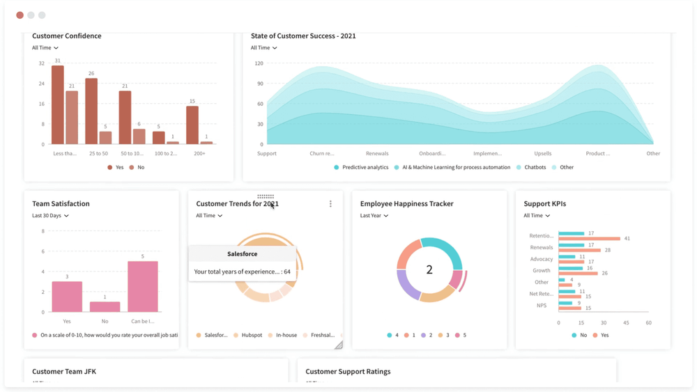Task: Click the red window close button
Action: (x=20, y=15)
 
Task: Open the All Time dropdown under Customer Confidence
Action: (x=45, y=48)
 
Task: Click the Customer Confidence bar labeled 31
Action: (x=58, y=104)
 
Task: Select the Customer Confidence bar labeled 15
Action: (x=192, y=125)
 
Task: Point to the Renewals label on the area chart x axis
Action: (x=377, y=153)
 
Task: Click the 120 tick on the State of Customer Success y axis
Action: (x=259, y=63)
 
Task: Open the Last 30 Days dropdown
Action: (x=50, y=216)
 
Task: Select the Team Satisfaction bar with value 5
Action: (x=143, y=286)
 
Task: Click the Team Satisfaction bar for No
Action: (x=105, y=307)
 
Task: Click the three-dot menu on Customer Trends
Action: (x=330, y=204)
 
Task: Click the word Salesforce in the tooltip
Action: (x=242, y=254)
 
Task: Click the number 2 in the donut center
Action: (x=429, y=270)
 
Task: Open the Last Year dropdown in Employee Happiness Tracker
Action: (x=374, y=216)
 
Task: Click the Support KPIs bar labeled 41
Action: (x=589, y=239)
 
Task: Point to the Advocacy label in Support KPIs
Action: (x=542, y=259)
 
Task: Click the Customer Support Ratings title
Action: (x=348, y=372)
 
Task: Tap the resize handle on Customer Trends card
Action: (x=339, y=345)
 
